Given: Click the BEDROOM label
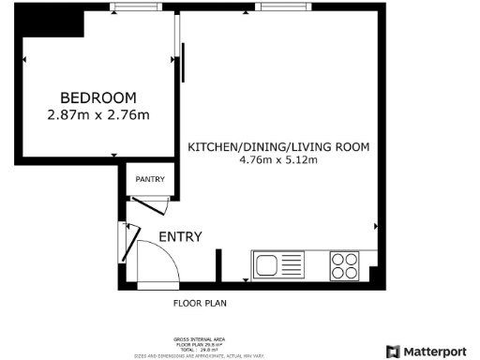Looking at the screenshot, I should tap(98, 97).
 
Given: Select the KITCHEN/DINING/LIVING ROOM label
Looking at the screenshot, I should tap(278, 147).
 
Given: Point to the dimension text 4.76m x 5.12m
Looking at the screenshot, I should tap(278, 161).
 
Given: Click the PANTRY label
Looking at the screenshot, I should tap(150, 179).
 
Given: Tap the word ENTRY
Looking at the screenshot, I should tap(179, 237).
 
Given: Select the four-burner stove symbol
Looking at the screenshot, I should tap(344, 265).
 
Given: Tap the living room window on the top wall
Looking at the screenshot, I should tap(273, 7).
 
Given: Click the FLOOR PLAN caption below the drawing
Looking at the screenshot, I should tap(200, 304).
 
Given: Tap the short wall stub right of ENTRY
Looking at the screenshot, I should tap(219, 264).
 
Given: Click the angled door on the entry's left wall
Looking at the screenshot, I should tap(125, 242).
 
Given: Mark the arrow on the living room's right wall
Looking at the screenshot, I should tap(376, 227).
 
